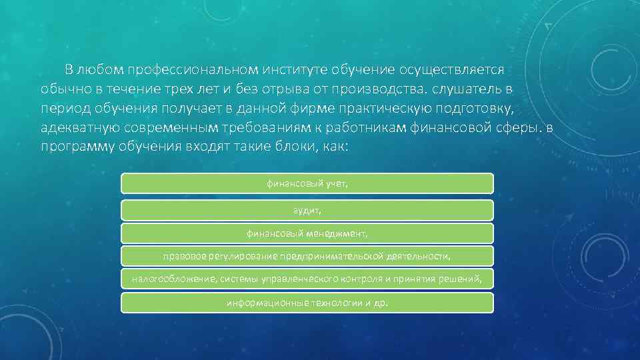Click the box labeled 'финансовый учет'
coord(307,183)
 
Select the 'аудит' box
coord(307,210)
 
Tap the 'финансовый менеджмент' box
coord(307,233)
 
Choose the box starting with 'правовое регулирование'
coord(307,256)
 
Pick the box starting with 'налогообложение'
coord(307,279)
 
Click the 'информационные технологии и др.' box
coord(307,302)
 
